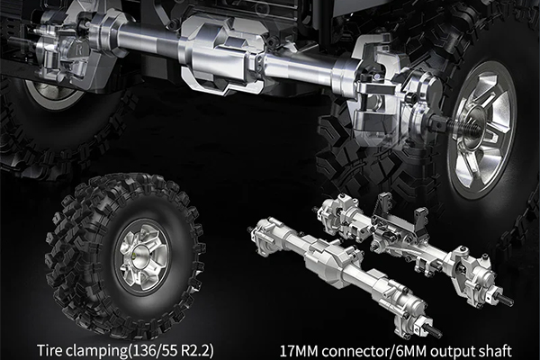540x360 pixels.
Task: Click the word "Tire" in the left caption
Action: (51, 348)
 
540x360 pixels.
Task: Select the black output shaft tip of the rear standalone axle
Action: (508, 301)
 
